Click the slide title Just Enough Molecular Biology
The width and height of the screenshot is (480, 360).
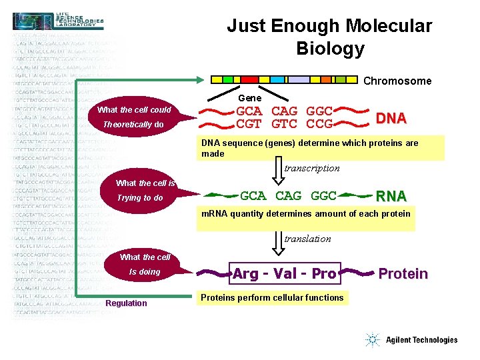click(x=329, y=37)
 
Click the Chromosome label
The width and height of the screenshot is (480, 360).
click(x=397, y=81)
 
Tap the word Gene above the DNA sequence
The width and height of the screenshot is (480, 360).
click(x=249, y=98)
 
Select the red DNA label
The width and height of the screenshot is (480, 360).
click(x=391, y=119)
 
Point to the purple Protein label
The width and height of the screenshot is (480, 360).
click(x=403, y=273)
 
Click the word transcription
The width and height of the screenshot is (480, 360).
click(x=311, y=169)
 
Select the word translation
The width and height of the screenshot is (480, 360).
click(x=307, y=239)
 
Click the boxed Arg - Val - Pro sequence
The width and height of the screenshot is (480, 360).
click(x=285, y=273)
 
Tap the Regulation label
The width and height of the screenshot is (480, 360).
click(x=126, y=303)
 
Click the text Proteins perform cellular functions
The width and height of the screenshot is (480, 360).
click(x=272, y=297)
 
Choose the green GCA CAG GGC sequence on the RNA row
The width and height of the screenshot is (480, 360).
click(x=288, y=196)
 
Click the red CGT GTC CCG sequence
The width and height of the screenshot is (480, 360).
click(x=285, y=124)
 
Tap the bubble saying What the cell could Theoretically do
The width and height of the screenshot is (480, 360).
click(x=133, y=117)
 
